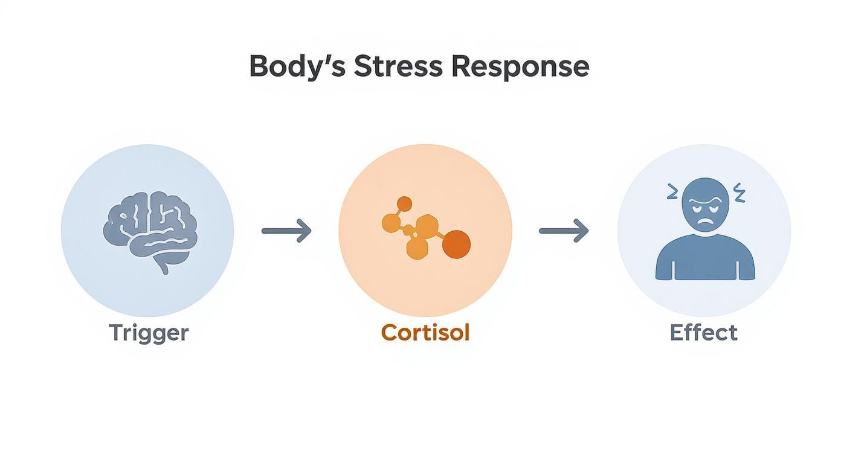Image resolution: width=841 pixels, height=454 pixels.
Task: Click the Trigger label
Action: [x=149, y=333]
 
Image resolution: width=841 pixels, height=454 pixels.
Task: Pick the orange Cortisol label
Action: [x=425, y=333]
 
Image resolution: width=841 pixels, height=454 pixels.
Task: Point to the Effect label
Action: [x=703, y=333]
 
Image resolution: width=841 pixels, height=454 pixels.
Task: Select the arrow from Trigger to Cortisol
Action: [x=286, y=231]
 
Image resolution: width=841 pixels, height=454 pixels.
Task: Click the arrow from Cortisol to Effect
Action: [x=564, y=231]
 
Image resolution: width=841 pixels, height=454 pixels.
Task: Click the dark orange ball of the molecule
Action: [x=456, y=245]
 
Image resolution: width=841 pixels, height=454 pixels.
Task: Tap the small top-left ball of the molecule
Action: [x=405, y=203]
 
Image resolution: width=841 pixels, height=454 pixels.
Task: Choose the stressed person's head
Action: [x=704, y=202]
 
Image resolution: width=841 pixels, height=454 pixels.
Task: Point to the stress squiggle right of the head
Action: [x=739, y=193]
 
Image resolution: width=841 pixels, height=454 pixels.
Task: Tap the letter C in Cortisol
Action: [x=390, y=333]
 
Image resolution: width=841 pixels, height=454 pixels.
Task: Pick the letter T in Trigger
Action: [x=116, y=333]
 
